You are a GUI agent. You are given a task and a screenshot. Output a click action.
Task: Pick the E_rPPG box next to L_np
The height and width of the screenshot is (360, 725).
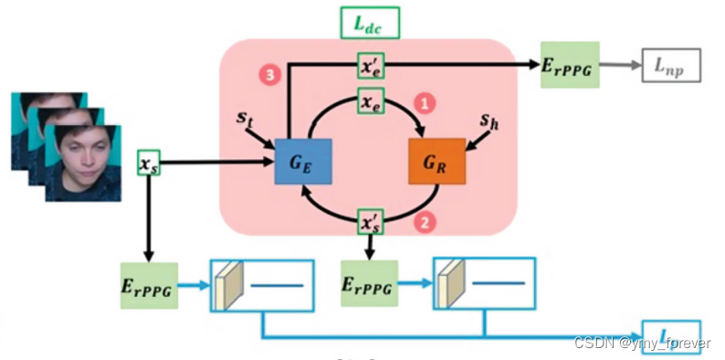(570, 65)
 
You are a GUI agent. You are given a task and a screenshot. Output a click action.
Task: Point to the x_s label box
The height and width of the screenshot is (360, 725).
(149, 164)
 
